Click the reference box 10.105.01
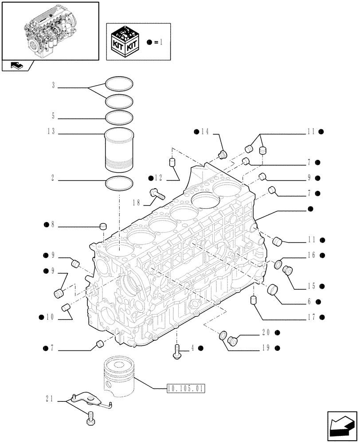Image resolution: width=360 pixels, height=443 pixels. [186, 389]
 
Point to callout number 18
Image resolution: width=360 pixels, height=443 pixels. [136, 202]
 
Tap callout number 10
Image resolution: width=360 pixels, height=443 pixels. [50, 317]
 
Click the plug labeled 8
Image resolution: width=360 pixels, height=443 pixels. [103, 226]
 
